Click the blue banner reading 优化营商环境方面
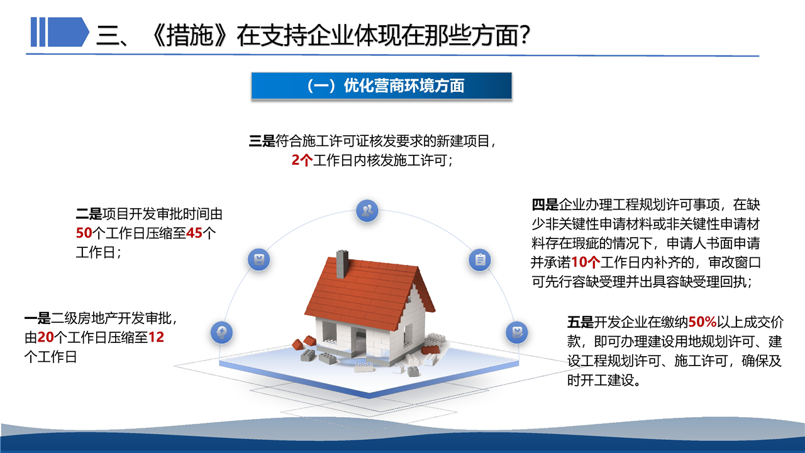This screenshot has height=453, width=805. tap(381, 86)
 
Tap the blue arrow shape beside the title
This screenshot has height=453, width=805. tap(69, 32)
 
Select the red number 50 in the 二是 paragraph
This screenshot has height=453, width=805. tap(84, 233)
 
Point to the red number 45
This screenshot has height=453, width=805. tap(194, 233)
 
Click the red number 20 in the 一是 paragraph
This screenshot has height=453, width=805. tap(46, 337)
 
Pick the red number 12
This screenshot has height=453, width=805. tap(156, 337)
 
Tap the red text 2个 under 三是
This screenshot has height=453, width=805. tap(302, 160)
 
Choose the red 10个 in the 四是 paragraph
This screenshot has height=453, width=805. tap(586, 262)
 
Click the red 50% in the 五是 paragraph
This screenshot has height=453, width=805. tap(702, 322)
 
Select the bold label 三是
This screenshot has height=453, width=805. tap(262, 141)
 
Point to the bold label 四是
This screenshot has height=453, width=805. tap(545, 205)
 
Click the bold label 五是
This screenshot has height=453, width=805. tap(580, 322)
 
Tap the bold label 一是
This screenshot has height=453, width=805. tap(37, 318)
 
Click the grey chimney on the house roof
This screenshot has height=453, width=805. tap(342, 264)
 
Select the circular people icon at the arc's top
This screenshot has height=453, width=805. tap(367, 211)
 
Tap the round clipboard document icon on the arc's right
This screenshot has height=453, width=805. tap(480, 260)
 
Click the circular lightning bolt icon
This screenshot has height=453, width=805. tap(222, 332)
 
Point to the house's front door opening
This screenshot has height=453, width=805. tap(359, 341)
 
